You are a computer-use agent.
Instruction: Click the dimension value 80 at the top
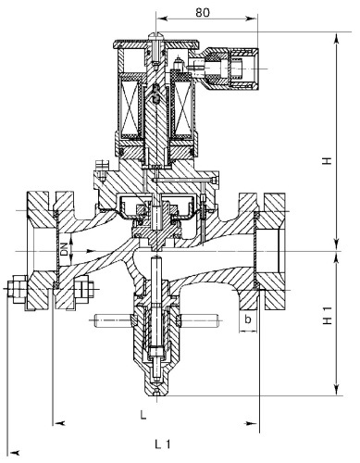[x=203, y=12]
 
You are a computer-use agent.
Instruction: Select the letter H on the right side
[x=328, y=161]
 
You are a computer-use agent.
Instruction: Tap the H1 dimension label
[x=328, y=315]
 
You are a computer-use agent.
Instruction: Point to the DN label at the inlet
[x=64, y=249]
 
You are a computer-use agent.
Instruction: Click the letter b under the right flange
[x=248, y=319]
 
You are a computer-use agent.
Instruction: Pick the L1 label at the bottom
[x=162, y=444]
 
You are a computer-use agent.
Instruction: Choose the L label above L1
[x=143, y=415]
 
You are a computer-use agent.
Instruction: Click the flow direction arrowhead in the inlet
[x=91, y=251]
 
